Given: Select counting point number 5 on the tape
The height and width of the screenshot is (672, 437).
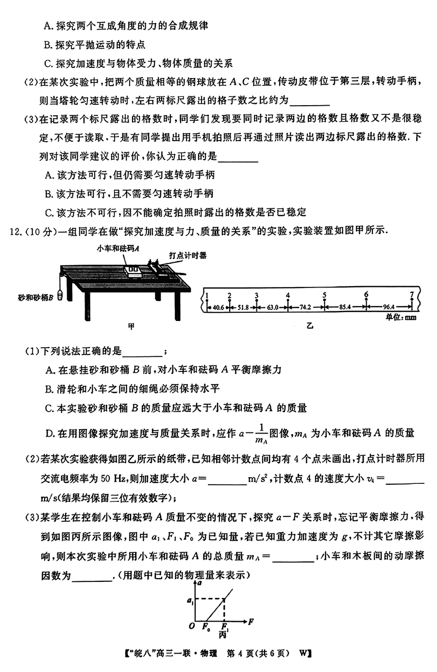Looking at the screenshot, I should (x=324, y=295).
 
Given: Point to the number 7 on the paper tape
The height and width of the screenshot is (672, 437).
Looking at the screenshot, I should (x=412, y=294).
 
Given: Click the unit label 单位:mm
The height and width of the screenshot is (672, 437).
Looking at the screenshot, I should (x=401, y=318).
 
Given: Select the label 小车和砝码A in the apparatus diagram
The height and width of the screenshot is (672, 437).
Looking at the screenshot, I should (x=118, y=248).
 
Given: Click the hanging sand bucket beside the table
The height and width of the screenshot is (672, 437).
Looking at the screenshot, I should (x=60, y=294).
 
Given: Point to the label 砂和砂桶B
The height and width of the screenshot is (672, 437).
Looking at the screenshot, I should (x=34, y=297).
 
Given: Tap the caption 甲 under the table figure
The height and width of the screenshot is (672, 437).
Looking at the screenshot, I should (x=131, y=326).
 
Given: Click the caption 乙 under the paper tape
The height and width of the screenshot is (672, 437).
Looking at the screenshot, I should (x=310, y=326).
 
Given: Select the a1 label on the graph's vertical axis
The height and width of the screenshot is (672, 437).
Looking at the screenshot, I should (x=189, y=601).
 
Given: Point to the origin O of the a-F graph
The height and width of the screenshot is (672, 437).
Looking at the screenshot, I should (x=192, y=626).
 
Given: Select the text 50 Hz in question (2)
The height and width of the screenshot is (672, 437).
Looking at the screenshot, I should (x=114, y=479).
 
